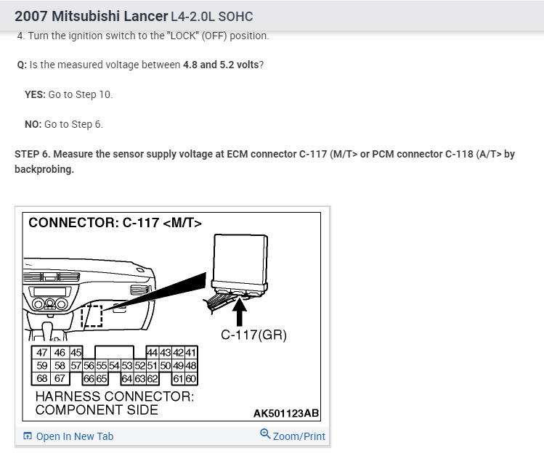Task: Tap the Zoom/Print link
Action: tap(293, 436)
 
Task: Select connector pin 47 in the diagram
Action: tap(42, 353)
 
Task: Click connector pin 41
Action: tap(191, 353)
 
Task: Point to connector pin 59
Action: tap(42, 366)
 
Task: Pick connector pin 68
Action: tap(42, 378)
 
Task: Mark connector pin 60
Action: tap(192, 378)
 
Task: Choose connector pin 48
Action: tap(191, 366)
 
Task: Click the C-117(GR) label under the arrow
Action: tap(253, 335)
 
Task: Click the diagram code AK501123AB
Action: tap(285, 414)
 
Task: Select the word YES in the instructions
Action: tap(35, 94)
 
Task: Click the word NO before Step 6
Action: tap(33, 124)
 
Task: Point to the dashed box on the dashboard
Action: tap(92, 317)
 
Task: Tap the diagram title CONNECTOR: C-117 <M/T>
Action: tap(115, 223)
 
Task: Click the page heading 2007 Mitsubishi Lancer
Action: tap(91, 16)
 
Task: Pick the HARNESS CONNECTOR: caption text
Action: tap(115, 397)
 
